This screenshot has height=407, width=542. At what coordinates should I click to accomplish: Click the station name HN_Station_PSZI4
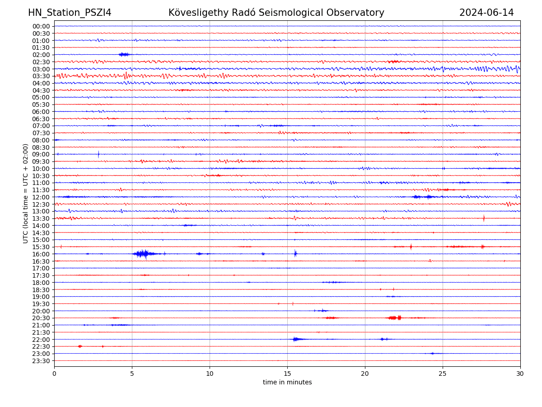point(70,13)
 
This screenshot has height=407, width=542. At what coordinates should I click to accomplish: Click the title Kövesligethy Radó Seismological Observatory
point(276,13)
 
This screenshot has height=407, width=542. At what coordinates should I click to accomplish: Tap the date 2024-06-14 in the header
point(486,13)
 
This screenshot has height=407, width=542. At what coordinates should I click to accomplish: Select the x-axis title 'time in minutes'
point(287,382)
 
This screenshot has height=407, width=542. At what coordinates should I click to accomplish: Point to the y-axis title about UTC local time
point(26,194)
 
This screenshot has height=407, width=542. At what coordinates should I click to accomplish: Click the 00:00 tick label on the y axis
point(41,26)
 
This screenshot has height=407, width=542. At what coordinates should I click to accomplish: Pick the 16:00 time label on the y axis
point(41,254)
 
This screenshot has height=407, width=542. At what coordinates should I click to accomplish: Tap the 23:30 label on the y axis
point(41,361)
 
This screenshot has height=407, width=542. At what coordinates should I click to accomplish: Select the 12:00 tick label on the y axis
point(41,197)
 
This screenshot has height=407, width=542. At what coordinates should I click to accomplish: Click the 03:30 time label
point(41,76)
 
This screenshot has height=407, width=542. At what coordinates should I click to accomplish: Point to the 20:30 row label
point(41,318)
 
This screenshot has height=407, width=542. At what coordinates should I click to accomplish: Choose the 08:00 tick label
point(41,140)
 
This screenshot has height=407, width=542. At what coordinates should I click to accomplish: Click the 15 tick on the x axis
point(287,374)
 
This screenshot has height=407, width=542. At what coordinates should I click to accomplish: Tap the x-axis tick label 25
point(443,374)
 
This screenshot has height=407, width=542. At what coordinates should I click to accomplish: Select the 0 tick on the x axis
point(54,374)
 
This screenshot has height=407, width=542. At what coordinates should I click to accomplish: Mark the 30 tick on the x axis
point(520,374)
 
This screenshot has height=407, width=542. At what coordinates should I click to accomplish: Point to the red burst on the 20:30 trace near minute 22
point(394,318)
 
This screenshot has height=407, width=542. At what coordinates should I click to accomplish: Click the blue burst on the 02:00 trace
point(124,54)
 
